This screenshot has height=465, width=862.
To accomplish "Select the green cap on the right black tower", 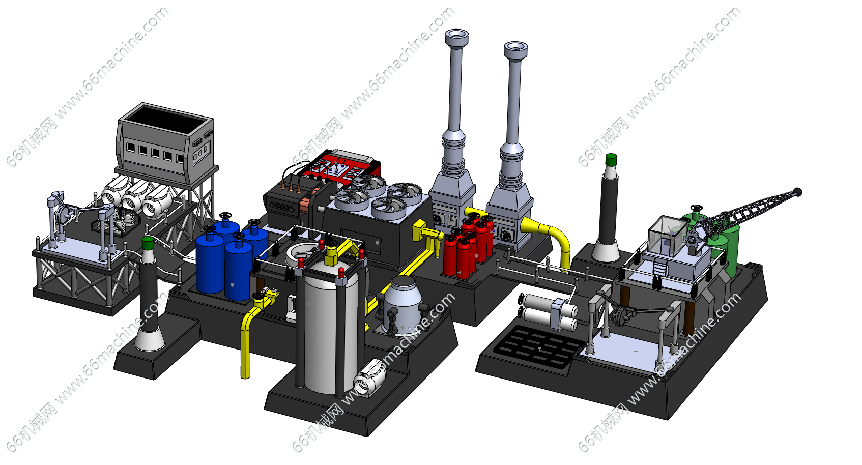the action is [611, 160].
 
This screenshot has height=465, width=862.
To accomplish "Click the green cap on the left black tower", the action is [148, 243].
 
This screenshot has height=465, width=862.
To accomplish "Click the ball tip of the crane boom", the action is [798, 192].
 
